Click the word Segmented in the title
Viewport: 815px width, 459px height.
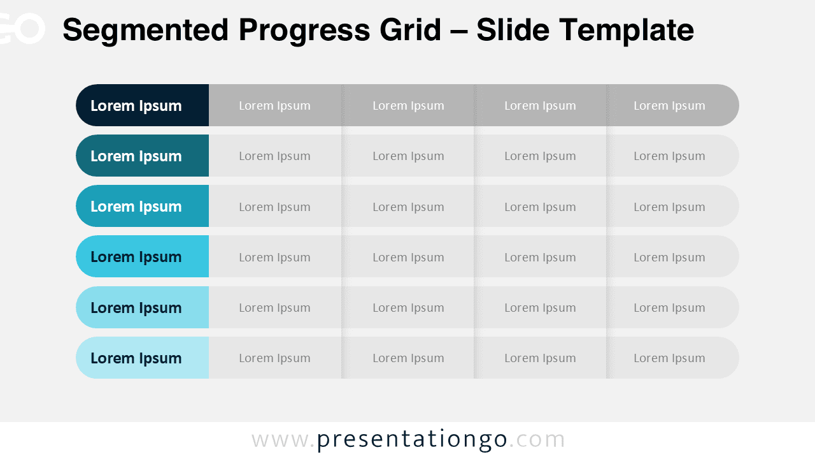pyautogui.click(x=145, y=30)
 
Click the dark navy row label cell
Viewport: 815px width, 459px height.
pyautogui.click(x=142, y=105)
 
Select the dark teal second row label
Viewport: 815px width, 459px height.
pyautogui.click(x=142, y=156)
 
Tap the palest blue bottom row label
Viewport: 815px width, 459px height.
pyautogui.click(x=142, y=358)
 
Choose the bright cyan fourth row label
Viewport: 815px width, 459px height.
pyautogui.click(x=142, y=256)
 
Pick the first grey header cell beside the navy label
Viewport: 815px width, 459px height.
pyautogui.click(x=275, y=105)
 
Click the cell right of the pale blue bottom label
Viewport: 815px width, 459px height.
pyautogui.click(x=275, y=358)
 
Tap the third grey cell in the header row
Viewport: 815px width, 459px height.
pyautogui.click(x=541, y=105)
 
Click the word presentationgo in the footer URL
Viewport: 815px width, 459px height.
pyautogui.click(x=412, y=440)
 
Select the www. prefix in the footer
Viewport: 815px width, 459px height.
pyautogui.click(x=283, y=440)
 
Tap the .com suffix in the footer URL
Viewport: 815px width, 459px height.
pyautogui.click(x=537, y=440)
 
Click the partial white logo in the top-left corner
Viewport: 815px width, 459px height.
pyautogui.click(x=22, y=29)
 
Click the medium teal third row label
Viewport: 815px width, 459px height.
pyautogui.click(x=142, y=206)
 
